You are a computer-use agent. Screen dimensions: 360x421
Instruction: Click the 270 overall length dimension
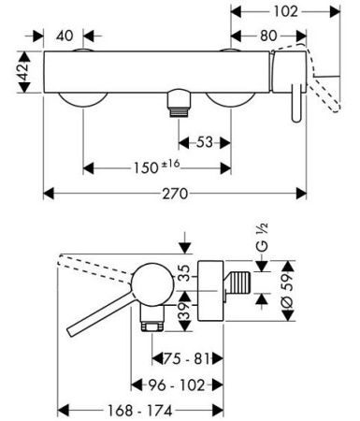pos(175,194)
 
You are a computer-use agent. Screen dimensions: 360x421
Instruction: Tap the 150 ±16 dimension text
pos(157,167)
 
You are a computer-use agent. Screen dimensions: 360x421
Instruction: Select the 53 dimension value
pos(205,142)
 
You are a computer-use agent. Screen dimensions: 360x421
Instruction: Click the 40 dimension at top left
pos(65,36)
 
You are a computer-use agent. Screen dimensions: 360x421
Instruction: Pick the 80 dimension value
pos(268,36)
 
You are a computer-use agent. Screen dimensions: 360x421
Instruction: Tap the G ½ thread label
pos(262,237)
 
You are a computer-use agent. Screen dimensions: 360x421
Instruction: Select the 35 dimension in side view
pos(186,273)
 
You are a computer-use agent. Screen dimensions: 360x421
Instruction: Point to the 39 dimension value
pos(186,311)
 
